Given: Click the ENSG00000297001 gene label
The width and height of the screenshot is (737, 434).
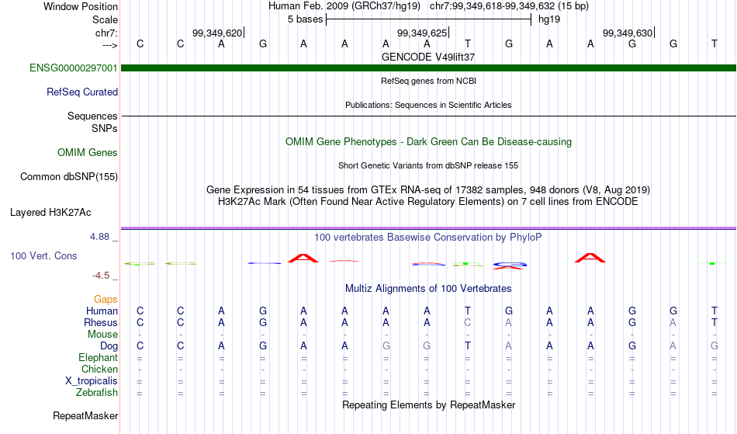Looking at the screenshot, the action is coord(74,68).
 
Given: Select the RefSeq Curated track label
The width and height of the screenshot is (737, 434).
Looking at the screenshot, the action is coord(82,92).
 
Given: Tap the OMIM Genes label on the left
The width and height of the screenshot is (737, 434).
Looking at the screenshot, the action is coord(88,153).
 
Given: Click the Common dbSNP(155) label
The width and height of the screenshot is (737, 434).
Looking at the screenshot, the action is coord(69,177).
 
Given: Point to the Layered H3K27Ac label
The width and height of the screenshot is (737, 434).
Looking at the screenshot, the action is coord(50,213).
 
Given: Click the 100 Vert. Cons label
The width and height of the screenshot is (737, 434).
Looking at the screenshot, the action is coord(43,255).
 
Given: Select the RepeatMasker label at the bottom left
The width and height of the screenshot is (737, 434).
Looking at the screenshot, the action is coord(85,415).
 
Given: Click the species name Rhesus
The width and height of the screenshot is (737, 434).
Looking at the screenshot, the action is coord(101,322).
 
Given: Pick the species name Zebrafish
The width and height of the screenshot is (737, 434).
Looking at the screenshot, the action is coord(97,392).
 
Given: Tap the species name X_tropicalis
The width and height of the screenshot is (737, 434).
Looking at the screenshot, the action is coord(92,381).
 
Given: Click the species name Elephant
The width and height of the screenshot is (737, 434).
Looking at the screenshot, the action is coord(99,357).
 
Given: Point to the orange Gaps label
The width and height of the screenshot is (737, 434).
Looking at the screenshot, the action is coord(106,300).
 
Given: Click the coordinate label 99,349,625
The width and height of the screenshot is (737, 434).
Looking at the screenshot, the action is coord(422,33).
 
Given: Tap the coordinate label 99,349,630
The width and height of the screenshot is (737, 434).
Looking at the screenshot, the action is coord(628,33).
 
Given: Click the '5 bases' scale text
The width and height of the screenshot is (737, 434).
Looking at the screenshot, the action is coord(306,19).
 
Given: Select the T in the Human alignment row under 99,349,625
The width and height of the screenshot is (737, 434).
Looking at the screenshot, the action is coord(468,311).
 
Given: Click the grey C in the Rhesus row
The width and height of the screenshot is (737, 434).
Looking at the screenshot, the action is coord(468,322).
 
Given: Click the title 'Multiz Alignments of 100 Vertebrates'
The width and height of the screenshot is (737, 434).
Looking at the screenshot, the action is coord(428,288).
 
